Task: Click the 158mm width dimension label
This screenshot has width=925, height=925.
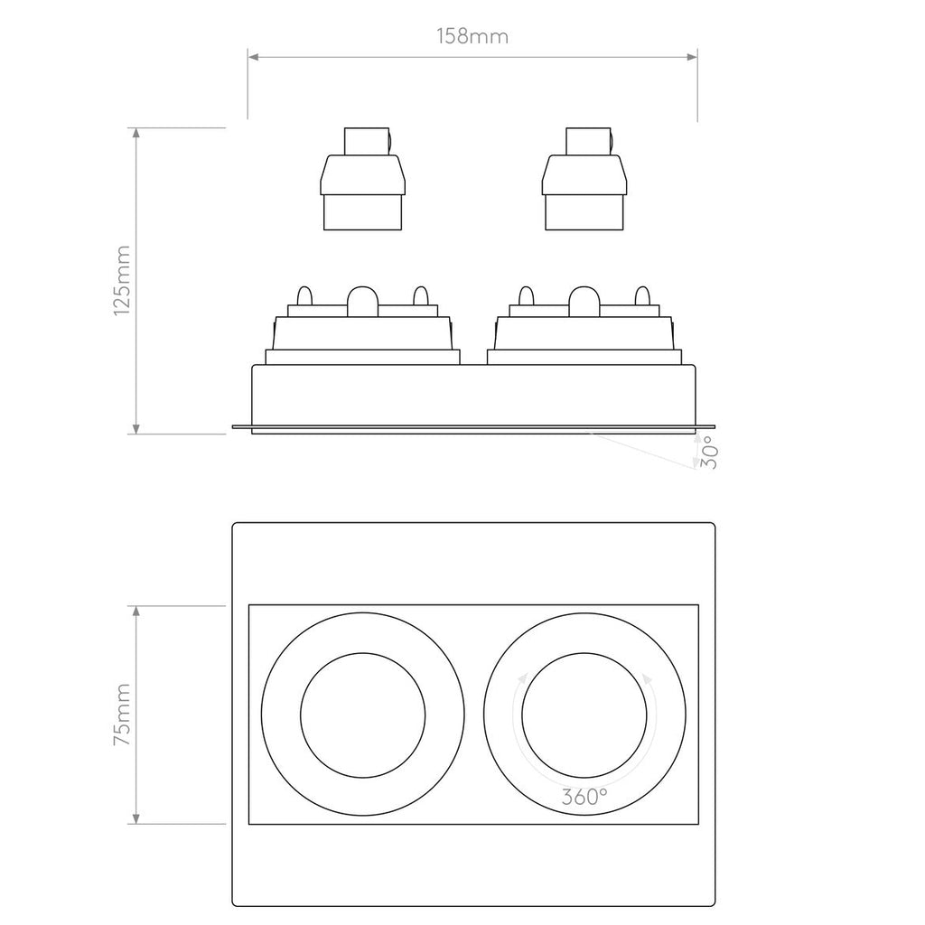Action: [x=472, y=37]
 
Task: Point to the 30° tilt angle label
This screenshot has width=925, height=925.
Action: [x=710, y=451]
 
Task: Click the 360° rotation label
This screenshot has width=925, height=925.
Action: [x=584, y=797]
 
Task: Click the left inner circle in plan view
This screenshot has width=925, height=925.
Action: [x=363, y=715]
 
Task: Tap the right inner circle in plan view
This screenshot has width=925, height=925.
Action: [x=584, y=715]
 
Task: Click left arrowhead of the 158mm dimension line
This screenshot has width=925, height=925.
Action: [x=254, y=57]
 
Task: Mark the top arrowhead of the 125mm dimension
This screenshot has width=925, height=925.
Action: [x=135, y=134]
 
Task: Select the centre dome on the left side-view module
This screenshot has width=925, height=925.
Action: [x=363, y=303]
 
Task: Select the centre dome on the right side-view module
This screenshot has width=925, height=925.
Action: [x=584, y=303]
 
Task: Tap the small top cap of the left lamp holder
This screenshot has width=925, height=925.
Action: [x=365, y=141]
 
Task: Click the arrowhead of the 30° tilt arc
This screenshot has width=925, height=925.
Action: [x=694, y=464]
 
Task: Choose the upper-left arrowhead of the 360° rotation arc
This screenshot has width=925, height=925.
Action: [x=522, y=678]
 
